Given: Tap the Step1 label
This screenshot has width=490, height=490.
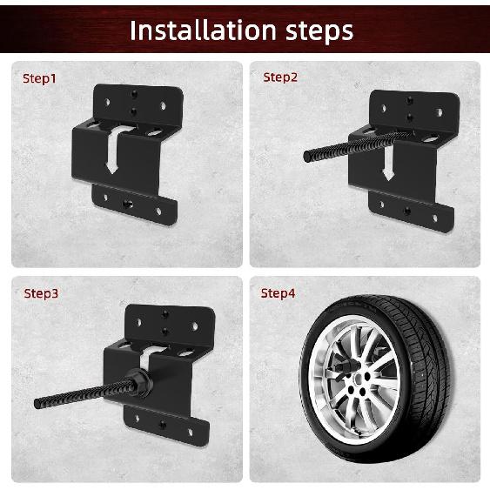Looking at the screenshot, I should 39,78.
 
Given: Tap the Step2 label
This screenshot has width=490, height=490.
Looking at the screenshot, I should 280,77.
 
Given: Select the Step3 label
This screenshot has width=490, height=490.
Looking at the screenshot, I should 41,293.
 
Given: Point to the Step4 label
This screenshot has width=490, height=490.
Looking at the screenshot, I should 279,293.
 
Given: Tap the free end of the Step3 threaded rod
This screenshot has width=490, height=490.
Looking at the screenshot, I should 39,404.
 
